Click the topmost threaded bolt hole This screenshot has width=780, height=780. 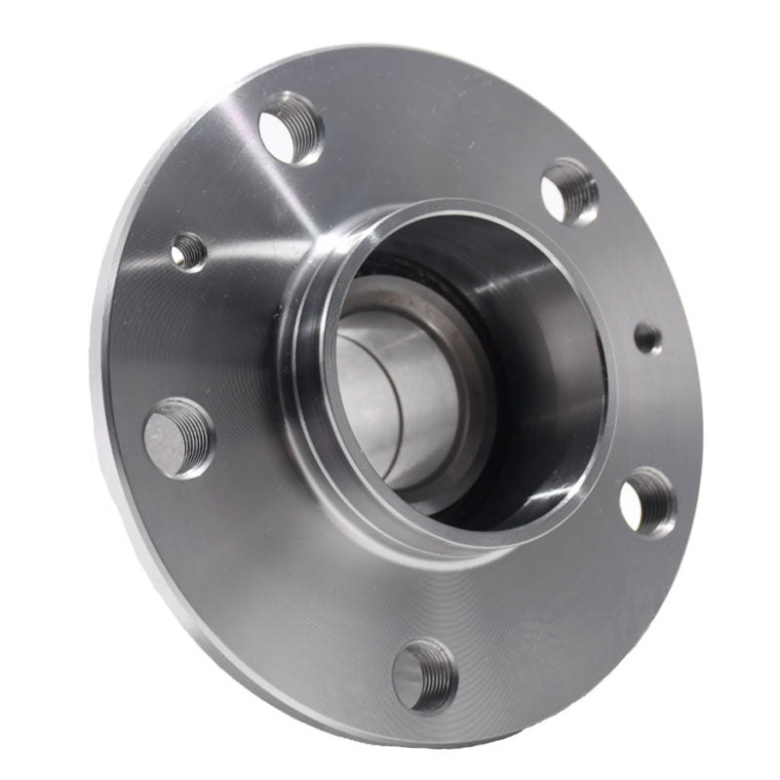click(291, 128)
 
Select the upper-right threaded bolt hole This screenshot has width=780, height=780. click(569, 190)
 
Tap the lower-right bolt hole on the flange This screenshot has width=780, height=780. click(647, 501)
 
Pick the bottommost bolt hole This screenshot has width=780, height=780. click(425, 675)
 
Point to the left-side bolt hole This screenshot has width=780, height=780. click(178, 437)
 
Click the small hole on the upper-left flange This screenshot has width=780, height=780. click(188, 252)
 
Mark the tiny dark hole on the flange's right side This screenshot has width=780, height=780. click(647, 338)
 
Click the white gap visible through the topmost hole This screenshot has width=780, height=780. click(280, 136)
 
